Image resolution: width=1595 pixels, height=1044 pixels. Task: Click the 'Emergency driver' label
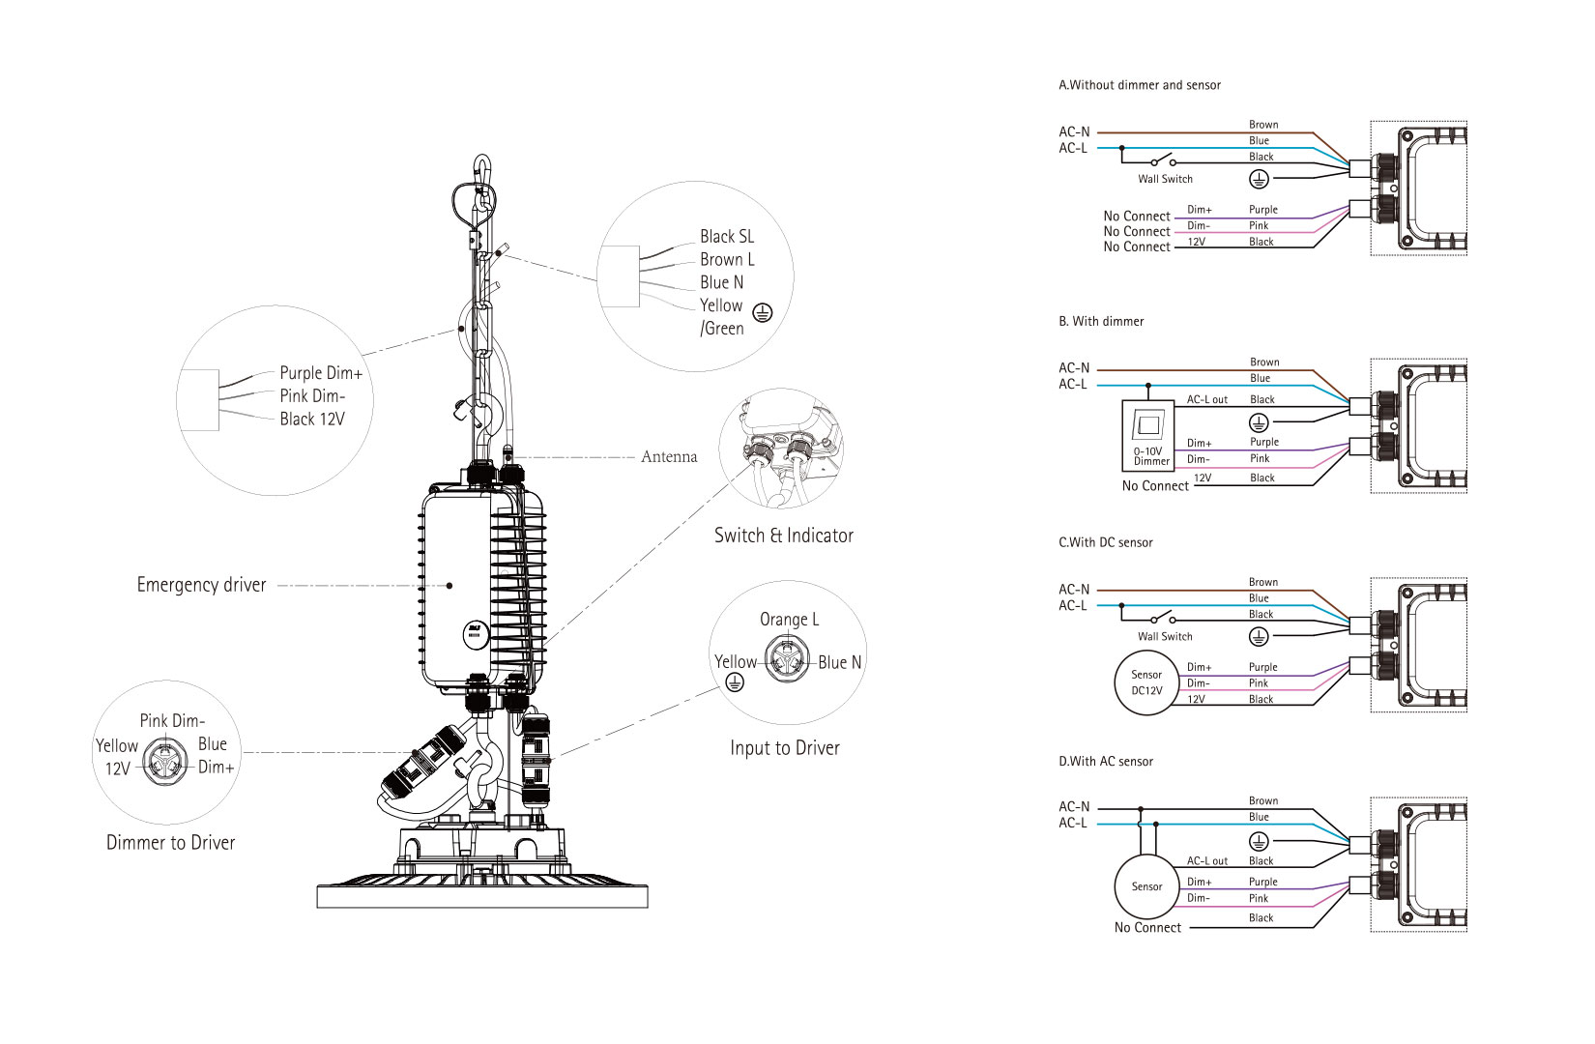click(x=201, y=585)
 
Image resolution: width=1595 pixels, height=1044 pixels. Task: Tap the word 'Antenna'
click(x=669, y=456)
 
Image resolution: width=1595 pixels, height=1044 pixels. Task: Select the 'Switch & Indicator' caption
click(x=784, y=536)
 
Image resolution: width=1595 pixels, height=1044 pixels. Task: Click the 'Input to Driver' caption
click(x=785, y=748)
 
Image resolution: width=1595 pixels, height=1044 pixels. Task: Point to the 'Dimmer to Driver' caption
click(x=170, y=843)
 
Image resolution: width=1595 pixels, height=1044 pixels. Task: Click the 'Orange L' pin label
click(x=789, y=619)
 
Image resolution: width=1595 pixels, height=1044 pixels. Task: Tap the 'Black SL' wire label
click(x=726, y=237)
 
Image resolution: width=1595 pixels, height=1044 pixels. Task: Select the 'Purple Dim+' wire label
click(x=321, y=373)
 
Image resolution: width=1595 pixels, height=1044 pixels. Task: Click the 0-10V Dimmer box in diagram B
click(x=1147, y=436)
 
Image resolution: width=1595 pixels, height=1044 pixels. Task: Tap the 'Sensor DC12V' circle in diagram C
click(x=1146, y=682)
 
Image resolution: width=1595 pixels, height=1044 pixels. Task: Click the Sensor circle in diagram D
click(x=1146, y=886)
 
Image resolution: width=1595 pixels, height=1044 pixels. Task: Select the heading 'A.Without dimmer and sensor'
click(x=1140, y=85)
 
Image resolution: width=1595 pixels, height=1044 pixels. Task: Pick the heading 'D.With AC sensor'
click(x=1106, y=762)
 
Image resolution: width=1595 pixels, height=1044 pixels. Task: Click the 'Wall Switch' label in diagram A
click(x=1165, y=179)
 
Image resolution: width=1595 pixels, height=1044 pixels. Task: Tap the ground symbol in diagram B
click(x=1259, y=423)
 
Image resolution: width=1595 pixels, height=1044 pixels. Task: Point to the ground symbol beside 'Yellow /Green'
click(x=763, y=312)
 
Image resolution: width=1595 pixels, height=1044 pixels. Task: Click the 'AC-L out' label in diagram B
click(x=1207, y=399)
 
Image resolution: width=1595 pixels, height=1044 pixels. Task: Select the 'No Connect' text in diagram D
click(x=1147, y=927)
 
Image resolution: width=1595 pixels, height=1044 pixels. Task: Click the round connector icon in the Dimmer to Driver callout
click(x=165, y=762)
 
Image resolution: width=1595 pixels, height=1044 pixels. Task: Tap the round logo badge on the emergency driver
click(x=476, y=634)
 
